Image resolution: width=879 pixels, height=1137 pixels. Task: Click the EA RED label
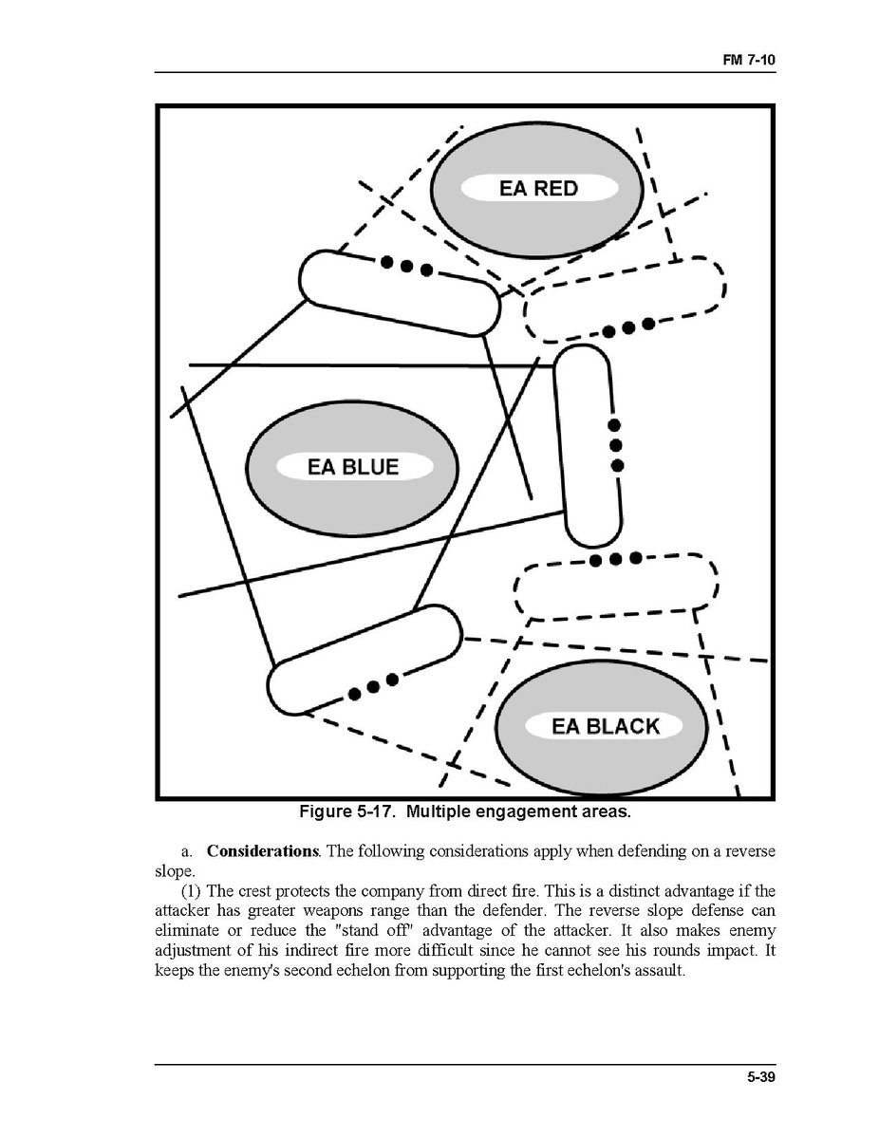[x=538, y=188]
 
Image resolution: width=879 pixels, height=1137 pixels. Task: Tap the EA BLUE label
[x=353, y=467]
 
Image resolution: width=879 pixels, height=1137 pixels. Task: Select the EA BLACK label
[x=605, y=727]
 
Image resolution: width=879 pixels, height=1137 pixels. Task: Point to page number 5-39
[x=760, y=1076]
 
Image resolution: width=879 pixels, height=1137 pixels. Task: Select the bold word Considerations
[x=262, y=850]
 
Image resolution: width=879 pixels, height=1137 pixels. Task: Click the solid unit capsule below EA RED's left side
[x=399, y=291]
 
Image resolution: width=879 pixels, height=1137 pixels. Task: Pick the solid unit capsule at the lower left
[x=364, y=660]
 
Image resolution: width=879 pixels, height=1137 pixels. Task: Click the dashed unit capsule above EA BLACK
[x=615, y=587]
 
